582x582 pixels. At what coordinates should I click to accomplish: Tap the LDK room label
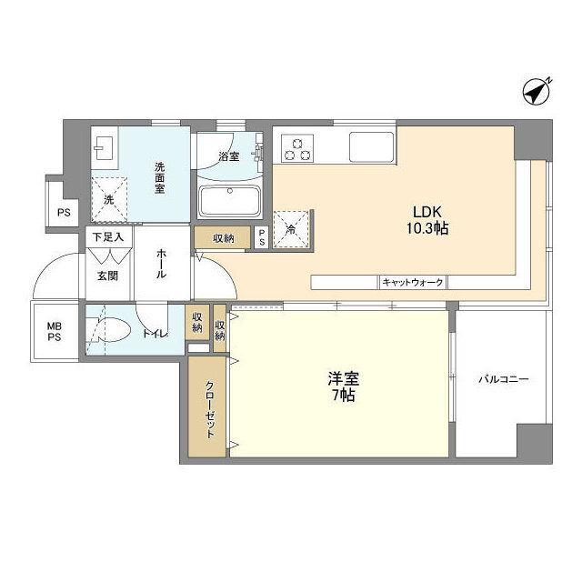click(428, 207)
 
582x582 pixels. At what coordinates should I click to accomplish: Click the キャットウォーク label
click(413, 283)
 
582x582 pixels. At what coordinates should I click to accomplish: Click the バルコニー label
click(504, 379)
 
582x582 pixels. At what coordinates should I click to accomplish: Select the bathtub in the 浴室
click(228, 199)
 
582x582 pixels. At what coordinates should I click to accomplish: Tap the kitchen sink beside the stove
click(370, 145)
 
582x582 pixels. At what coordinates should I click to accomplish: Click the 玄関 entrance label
click(107, 276)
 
